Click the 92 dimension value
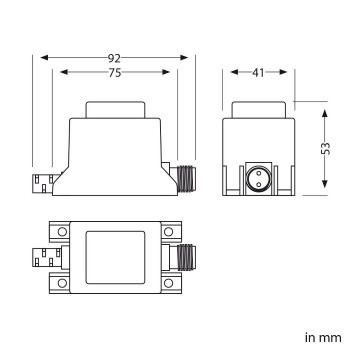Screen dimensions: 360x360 tap(118, 57)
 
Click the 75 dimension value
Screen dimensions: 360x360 tap(118, 72)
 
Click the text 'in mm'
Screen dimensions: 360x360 tap(322, 337)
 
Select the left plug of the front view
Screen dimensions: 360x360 tap(41, 184)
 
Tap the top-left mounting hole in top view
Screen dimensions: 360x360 tap(63, 232)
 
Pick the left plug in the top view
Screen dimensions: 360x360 tap(41, 258)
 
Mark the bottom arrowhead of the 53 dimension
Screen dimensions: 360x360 tap(327, 189)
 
